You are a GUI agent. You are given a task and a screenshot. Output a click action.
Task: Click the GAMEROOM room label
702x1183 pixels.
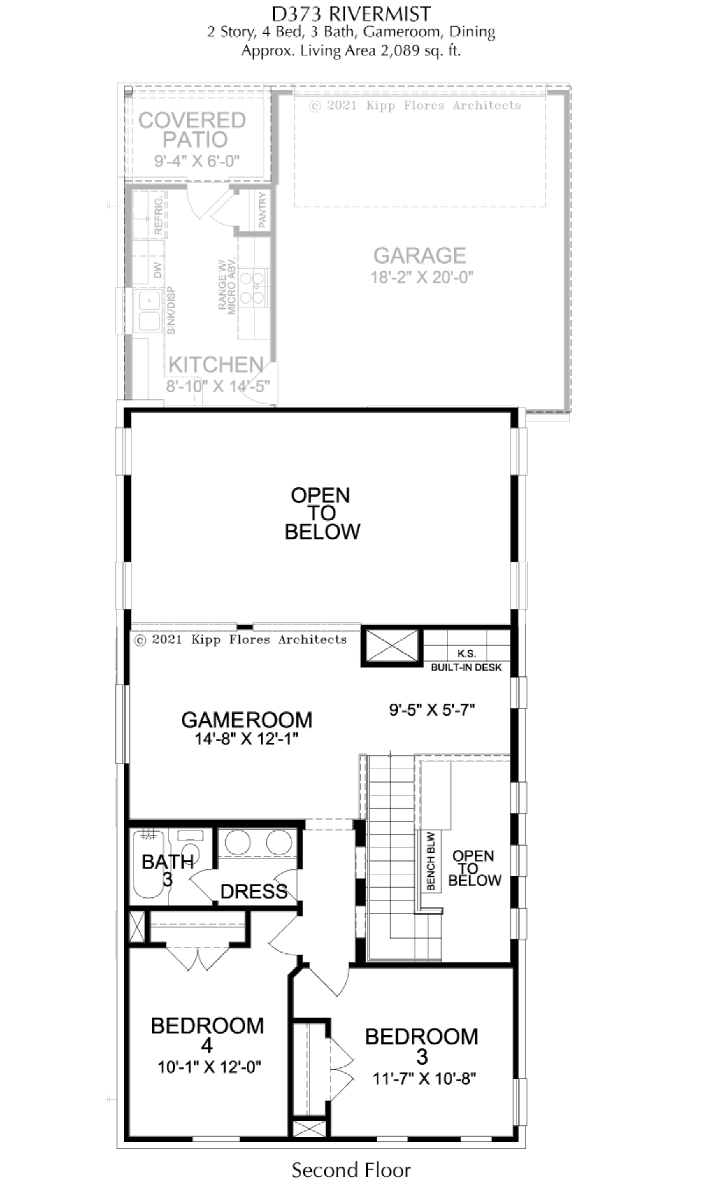click(x=246, y=720)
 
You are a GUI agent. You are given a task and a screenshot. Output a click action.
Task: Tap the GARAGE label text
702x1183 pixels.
click(x=419, y=255)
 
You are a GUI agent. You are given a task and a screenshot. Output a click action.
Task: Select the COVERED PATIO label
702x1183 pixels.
click(x=192, y=130)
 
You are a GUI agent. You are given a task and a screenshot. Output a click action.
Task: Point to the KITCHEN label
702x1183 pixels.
click(x=215, y=365)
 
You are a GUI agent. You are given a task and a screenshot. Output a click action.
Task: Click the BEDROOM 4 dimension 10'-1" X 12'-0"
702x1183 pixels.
click(x=209, y=1067)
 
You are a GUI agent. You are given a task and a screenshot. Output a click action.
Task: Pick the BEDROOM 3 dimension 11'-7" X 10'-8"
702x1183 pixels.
click(x=424, y=1078)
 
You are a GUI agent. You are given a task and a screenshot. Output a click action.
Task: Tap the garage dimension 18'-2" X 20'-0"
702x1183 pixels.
click(x=421, y=277)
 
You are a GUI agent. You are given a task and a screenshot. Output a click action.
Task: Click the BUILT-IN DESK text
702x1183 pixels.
click(x=466, y=667)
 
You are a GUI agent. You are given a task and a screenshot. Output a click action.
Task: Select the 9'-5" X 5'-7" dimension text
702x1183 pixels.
click(x=432, y=710)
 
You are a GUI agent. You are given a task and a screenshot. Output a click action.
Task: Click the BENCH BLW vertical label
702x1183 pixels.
click(x=431, y=861)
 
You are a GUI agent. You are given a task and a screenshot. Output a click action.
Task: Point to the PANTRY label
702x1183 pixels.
click(x=262, y=210)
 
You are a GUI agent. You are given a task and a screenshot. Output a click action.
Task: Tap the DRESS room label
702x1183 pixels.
click(x=254, y=891)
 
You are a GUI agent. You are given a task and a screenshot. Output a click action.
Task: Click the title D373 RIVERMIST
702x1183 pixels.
click(x=352, y=13)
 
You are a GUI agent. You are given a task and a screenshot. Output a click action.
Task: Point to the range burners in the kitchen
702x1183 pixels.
click(x=252, y=287)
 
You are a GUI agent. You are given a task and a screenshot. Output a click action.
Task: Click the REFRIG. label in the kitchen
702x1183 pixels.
click(x=158, y=216)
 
